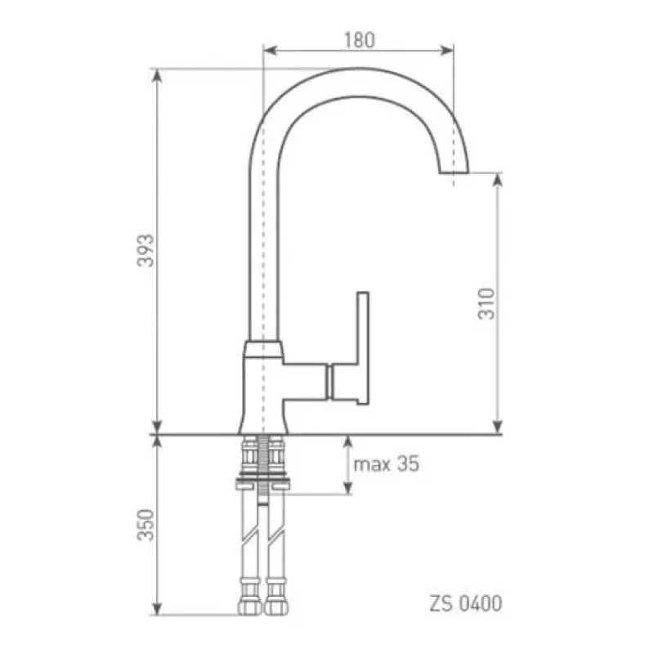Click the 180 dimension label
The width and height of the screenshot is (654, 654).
tap(360, 39)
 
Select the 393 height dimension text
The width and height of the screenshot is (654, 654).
tap(146, 250)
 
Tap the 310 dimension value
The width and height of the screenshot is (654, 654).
tap(486, 303)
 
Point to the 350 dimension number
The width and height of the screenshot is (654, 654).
tap(146, 525)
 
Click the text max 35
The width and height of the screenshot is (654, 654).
tap(386, 464)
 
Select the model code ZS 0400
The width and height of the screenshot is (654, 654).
tap(466, 603)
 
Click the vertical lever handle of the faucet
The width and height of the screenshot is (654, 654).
tap(363, 348)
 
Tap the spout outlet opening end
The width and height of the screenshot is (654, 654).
tap(454, 172)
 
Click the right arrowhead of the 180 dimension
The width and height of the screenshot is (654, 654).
tap(447, 51)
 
